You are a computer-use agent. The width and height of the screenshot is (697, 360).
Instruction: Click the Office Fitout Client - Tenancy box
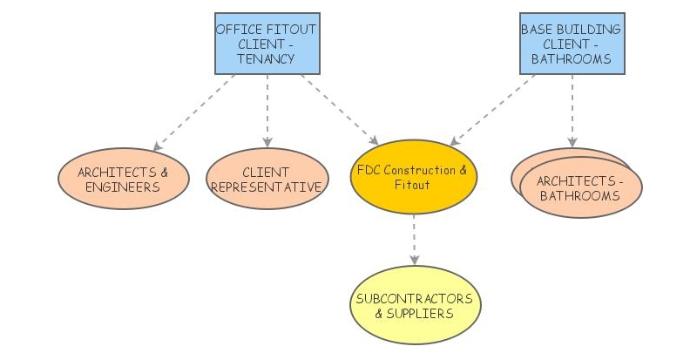click(266, 44)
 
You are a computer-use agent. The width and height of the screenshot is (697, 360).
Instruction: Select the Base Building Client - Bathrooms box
click(571, 44)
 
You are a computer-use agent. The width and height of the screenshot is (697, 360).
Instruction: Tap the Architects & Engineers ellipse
click(124, 179)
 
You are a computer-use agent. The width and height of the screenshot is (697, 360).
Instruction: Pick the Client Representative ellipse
click(267, 179)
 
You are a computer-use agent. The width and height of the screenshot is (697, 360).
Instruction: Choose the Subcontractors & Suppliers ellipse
click(414, 305)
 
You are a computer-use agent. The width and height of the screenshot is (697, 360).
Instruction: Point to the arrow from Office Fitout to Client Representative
click(267, 111)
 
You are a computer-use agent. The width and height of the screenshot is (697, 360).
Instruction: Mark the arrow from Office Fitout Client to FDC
click(341, 110)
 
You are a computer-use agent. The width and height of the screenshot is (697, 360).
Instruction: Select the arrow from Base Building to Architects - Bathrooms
click(572, 111)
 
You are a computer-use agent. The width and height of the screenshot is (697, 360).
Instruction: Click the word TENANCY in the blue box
click(266, 59)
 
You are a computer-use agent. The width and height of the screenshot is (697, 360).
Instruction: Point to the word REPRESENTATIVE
click(267, 187)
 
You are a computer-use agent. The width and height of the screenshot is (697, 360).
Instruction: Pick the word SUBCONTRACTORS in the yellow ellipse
click(414, 298)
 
